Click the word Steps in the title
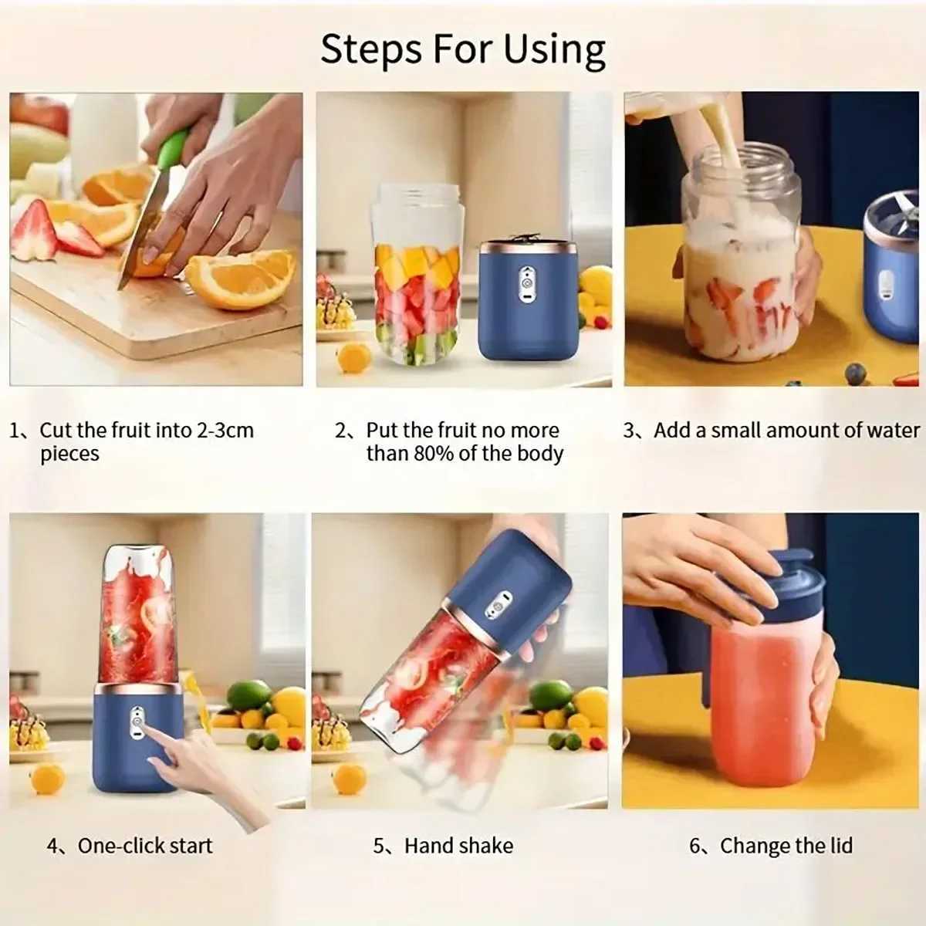pyautogui.click(x=370, y=49)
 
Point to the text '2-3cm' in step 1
pyautogui.click(x=225, y=430)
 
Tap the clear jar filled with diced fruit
pyautogui.click(x=416, y=278)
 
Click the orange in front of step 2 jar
pyautogui.click(x=354, y=357)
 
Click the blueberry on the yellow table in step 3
pyautogui.click(x=855, y=373)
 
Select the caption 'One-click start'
pyautogui.click(x=144, y=845)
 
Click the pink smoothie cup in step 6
pyautogui.click(x=760, y=710)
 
